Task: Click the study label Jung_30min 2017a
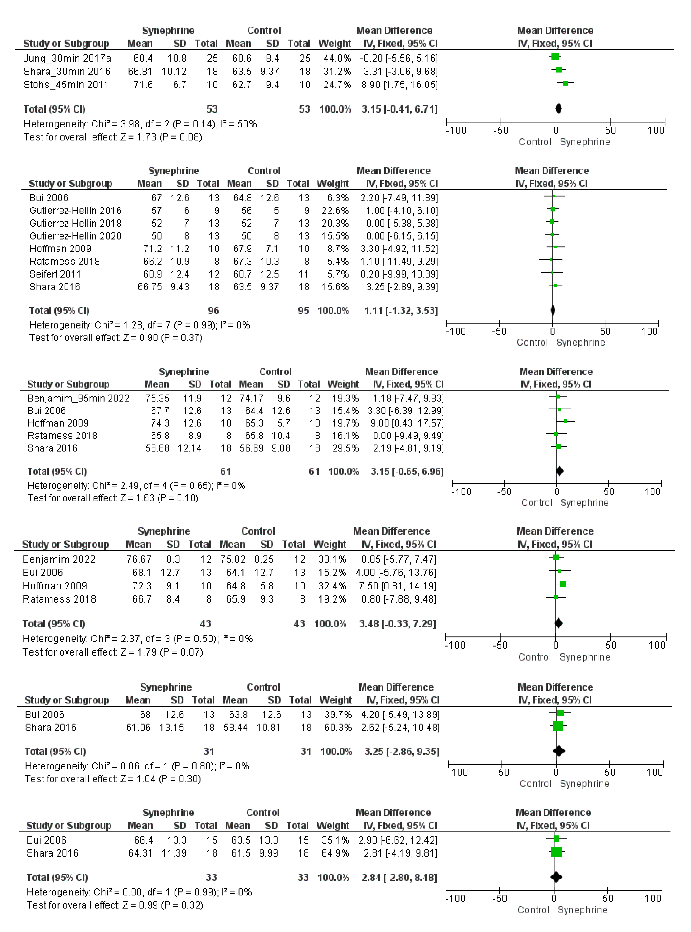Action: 67,58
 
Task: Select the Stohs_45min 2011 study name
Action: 66,84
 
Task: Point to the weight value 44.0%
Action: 337,58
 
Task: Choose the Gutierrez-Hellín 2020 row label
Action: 75,236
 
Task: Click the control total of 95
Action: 303,310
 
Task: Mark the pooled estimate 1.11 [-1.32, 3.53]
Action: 401,310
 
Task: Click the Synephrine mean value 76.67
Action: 139,559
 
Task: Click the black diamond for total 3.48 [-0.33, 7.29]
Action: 558,623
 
